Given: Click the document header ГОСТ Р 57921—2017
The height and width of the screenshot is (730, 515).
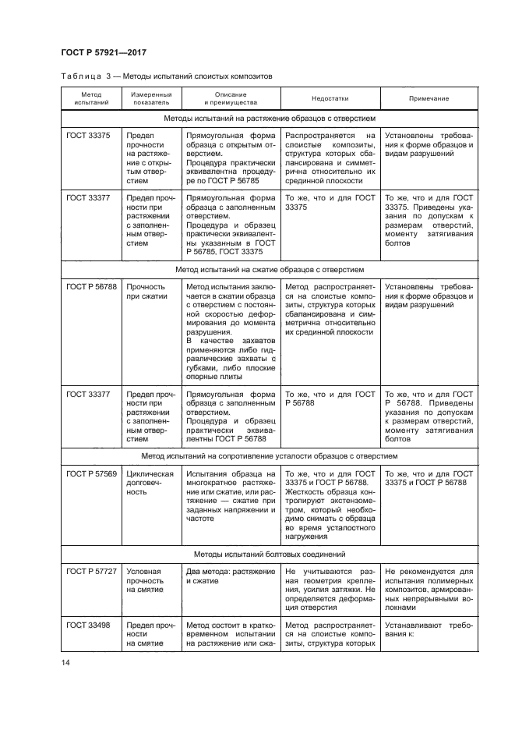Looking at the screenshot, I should [x=104, y=52].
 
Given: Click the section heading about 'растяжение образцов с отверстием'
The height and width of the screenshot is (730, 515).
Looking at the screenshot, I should [x=269, y=119].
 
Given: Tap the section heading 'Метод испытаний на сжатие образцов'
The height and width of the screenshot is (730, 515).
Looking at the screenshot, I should [x=269, y=269].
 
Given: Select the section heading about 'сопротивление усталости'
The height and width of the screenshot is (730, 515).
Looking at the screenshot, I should [x=269, y=456].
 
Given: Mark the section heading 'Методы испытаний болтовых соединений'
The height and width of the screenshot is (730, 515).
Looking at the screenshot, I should [x=269, y=555].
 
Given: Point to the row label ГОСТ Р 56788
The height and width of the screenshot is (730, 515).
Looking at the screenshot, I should [x=91, y=286].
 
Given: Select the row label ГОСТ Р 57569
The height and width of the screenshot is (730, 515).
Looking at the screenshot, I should [x=91, y=473].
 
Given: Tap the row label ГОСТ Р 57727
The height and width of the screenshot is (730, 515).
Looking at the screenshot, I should [x=91, y=572].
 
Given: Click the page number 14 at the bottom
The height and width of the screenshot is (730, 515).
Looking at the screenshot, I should [x=65, y=663].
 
